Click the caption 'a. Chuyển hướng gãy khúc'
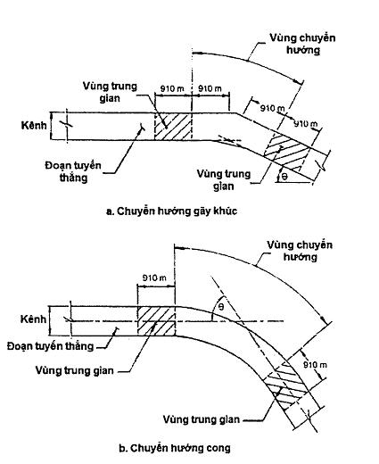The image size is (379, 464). coord(171,211)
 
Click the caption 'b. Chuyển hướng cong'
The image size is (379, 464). coord(175,448)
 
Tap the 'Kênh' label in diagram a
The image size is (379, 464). coord(34,125)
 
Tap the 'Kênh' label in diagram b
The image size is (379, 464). coord(33,319)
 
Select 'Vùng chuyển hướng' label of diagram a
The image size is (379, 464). coord(302,44)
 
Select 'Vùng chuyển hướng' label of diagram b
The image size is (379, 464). coord(300,251)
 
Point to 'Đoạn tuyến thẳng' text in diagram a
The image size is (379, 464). coord(73,171)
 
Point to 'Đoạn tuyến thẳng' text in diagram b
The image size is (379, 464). coord(50,346)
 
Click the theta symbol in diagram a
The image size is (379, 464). coord(284,177)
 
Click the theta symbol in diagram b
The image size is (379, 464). coord(221,307)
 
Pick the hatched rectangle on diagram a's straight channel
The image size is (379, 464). coord(173,127)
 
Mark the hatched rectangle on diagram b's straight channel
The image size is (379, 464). coord(156,321)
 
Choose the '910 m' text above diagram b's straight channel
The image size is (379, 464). coord(154,278)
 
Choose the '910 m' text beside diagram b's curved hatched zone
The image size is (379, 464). coord(315,365)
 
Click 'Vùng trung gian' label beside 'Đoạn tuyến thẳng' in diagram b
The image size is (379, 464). coord(74,370)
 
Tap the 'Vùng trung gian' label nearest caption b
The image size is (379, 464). coord(202,419)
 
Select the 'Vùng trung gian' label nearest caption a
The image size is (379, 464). coord(224,180)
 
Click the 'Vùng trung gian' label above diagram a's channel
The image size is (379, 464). coord(110,92)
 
